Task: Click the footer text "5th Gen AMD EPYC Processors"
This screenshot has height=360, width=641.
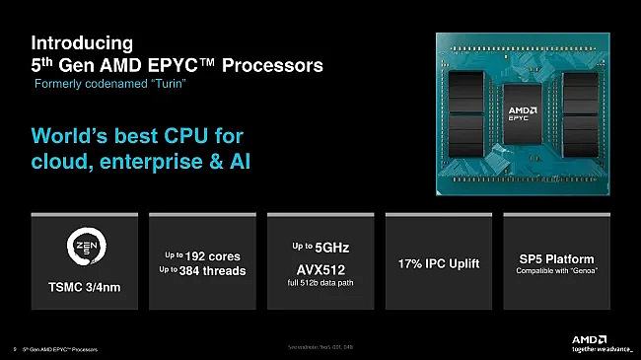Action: pyautogui.click(x=58, y=349)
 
